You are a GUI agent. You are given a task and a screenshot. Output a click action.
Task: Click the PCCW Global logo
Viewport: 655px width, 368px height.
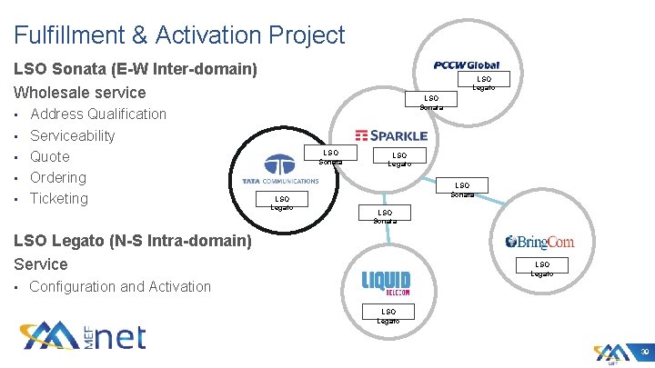point(467,65)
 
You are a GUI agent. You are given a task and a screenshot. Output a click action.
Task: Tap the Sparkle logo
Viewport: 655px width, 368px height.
point(391,134)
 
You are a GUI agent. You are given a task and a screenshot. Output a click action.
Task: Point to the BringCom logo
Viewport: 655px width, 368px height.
point(539,242)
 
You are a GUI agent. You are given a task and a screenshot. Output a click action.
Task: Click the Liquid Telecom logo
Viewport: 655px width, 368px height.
point(386,283)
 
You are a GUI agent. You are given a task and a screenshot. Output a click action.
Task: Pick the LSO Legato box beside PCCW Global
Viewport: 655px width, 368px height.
point(484,83)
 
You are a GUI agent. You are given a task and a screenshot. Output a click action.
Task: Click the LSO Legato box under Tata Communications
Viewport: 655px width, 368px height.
point(282,202)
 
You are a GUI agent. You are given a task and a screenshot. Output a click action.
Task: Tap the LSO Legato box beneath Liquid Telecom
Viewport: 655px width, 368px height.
point(388,314)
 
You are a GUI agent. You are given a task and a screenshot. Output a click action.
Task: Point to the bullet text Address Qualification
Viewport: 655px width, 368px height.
point(98,114)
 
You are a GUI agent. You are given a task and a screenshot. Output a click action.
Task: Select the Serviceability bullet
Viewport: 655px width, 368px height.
point(73,135)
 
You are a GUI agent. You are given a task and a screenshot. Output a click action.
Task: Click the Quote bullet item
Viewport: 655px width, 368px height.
point(50,156)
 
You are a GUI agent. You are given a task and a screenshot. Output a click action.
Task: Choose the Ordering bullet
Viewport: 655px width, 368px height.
point(58,177)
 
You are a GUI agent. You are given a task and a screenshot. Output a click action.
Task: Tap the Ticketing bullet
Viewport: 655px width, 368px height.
point(59,198)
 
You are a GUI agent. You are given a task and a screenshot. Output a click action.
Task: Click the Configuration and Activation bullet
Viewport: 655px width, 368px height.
point(120,286)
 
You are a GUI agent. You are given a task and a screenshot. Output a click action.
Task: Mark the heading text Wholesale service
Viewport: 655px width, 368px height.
point(80,92)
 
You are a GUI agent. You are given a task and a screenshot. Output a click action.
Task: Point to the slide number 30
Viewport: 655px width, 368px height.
point(643,353)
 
